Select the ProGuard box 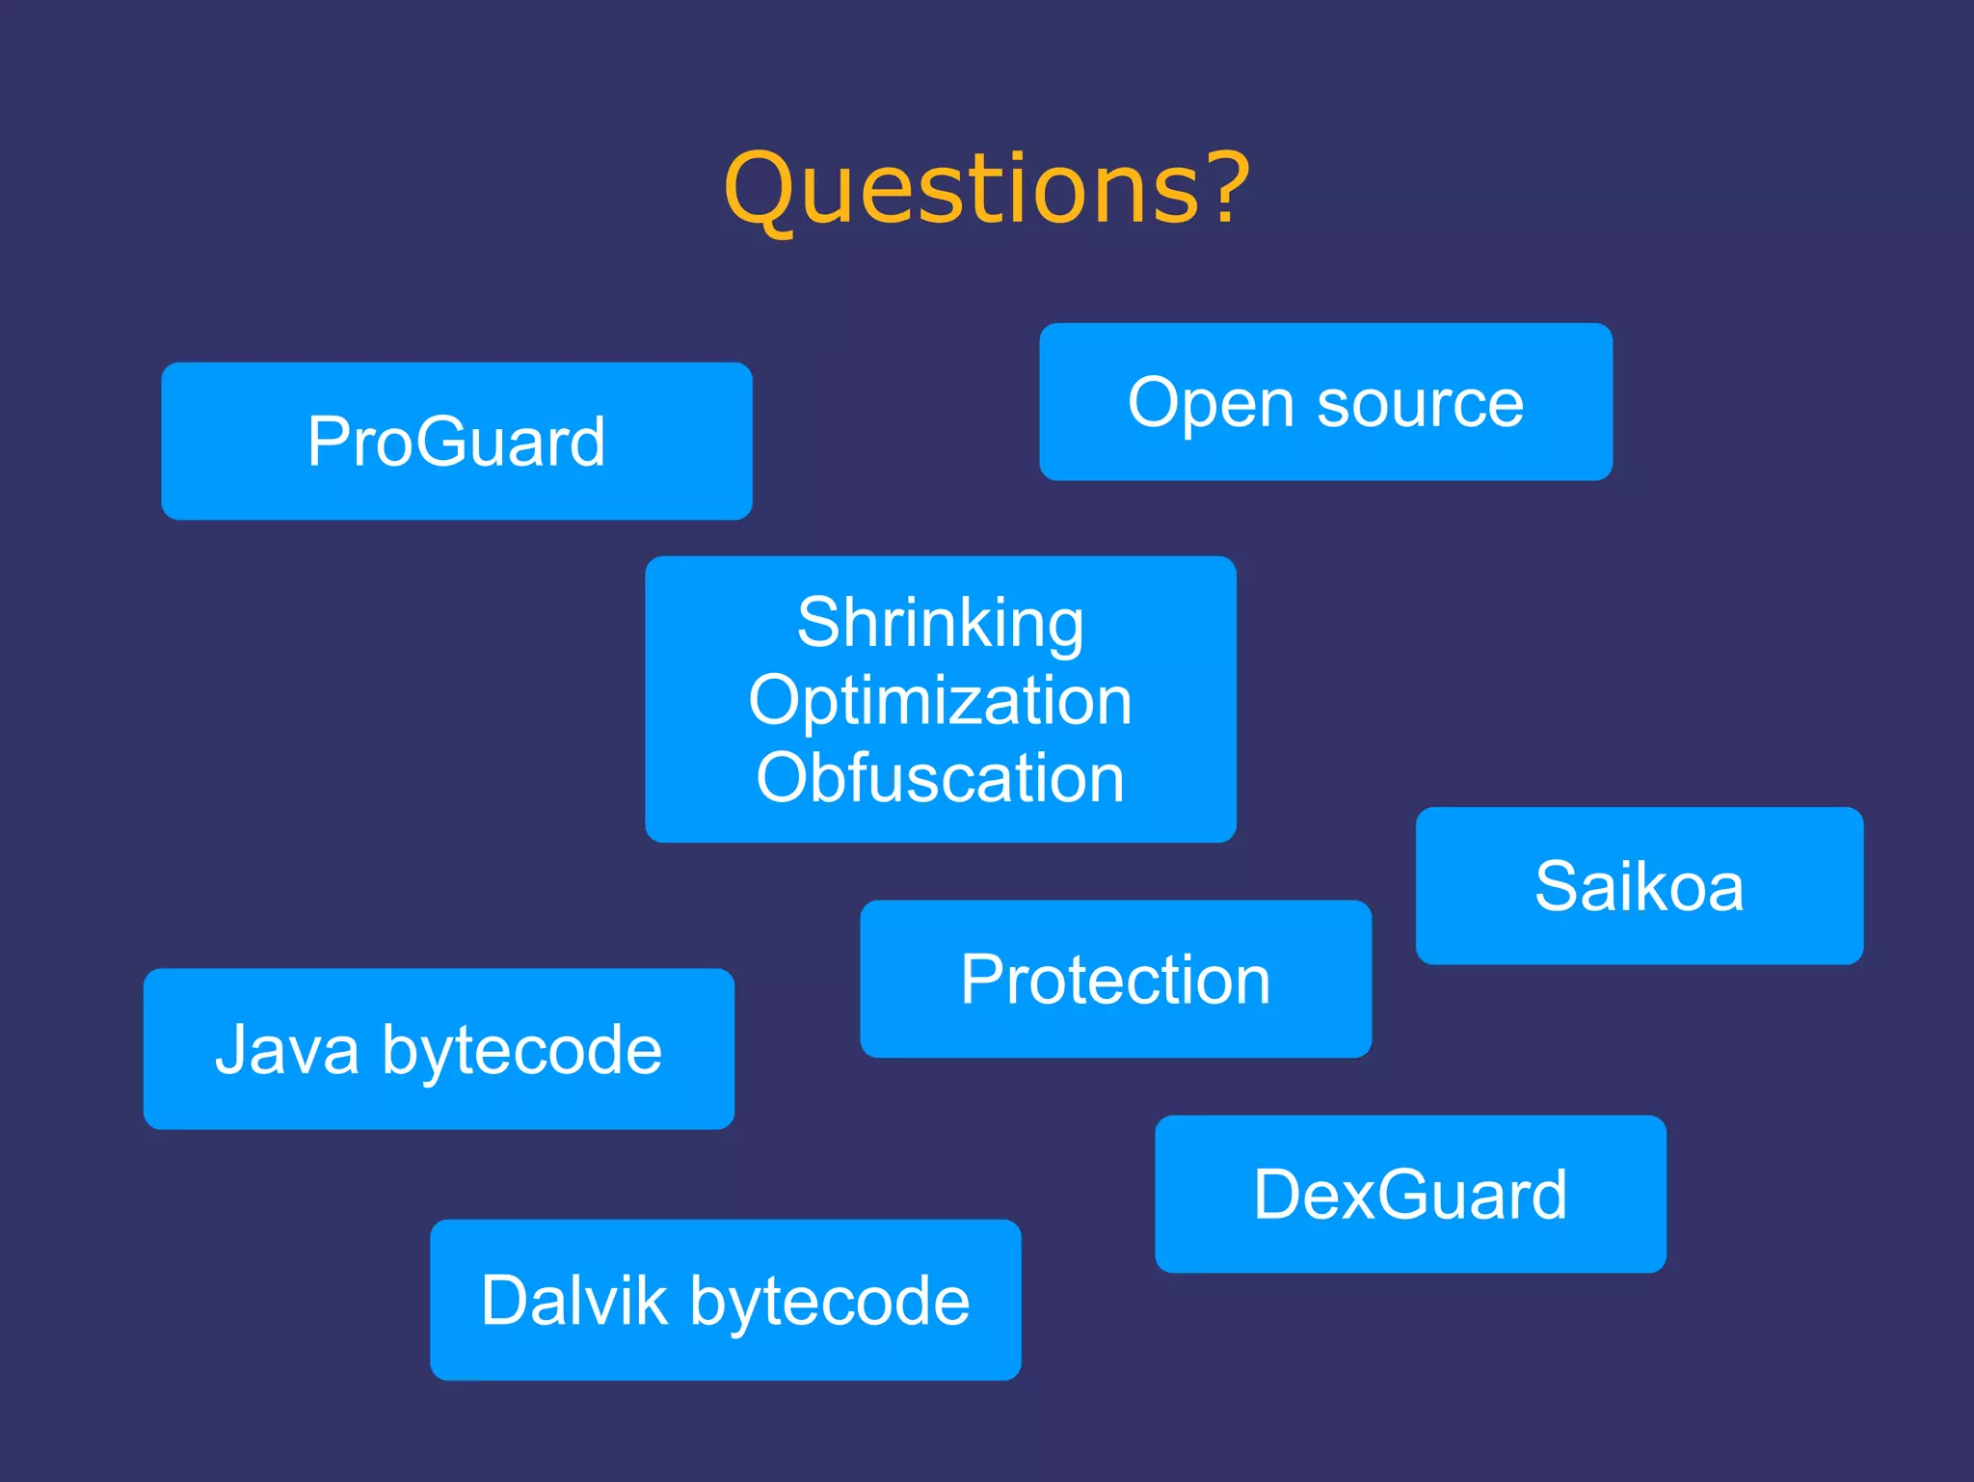click(x=456, y=442)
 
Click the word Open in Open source click(x=1211, y=403)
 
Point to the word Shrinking click(x=940, y=623)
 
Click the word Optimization click(x=940, y=701)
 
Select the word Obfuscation click(x=940, y=777)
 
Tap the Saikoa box click(x=1639, y=885)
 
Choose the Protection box click(x=1115, y=979)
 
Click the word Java click(x=287, y=1049)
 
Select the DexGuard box click(x=1409, y=1194)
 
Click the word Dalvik click(x=574, y=1300)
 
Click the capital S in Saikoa click(x=1559, y=885)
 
